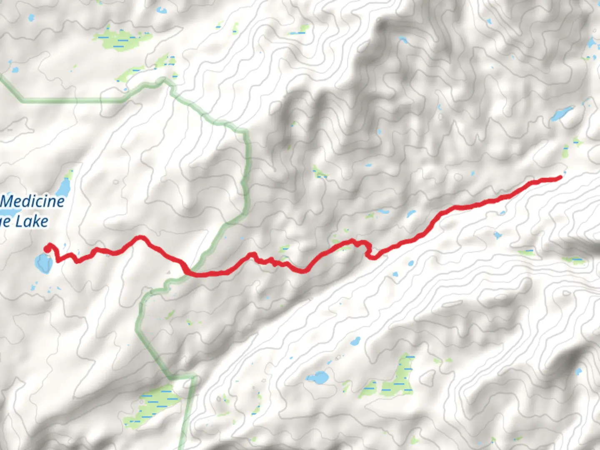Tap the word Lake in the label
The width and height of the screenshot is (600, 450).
[x=32, y=221]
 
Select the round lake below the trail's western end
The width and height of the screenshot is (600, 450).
[x=43, y=262]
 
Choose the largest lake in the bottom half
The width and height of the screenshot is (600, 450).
[x=320, y=377]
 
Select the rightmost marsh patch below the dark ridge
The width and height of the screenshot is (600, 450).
[x=575, y=261]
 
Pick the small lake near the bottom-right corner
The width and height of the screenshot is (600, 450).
[x=578, y=371]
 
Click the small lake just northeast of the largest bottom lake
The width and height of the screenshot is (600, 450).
[x=355, y=342]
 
